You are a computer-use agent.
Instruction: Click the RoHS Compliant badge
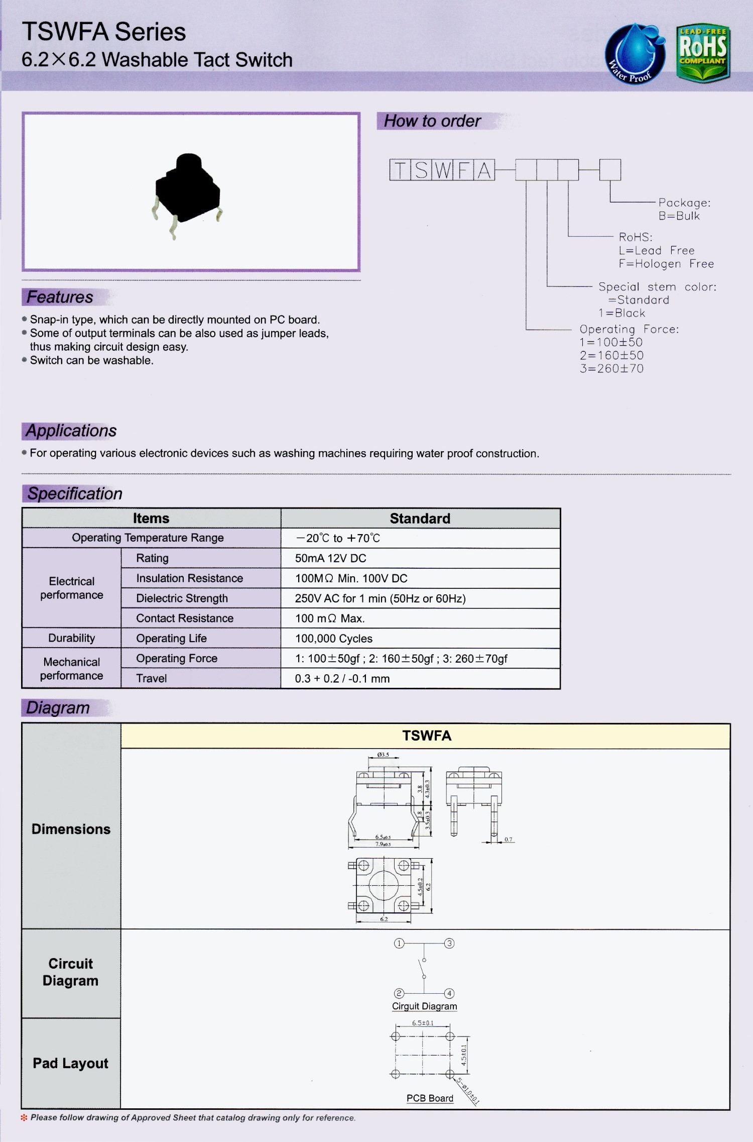click(703, 52)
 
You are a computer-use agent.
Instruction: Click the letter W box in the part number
click(442, 170)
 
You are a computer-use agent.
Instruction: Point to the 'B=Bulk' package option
click(679, 216)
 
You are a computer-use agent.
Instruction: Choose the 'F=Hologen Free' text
click(666, 264)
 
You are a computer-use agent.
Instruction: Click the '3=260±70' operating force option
click(611, 368)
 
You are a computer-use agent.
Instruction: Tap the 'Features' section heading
click(60, 297)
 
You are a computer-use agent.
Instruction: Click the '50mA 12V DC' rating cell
click(330, 558)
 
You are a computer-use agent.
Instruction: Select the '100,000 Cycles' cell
click(333, 639)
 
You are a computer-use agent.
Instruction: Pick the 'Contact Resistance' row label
click(184, 618)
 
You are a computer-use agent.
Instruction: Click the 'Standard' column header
click(420, 518)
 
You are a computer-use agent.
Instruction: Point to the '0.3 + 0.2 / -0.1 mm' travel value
click(342, 679)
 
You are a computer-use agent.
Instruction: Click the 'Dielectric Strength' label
click(182, 598)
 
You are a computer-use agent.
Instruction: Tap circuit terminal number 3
click(449, 944)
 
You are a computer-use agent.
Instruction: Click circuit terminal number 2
click(399, 993)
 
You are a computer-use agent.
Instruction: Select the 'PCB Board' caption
click(430, 1098)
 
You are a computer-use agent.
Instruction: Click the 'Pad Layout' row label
click(70, 1063)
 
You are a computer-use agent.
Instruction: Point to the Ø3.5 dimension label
click(383, 755)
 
